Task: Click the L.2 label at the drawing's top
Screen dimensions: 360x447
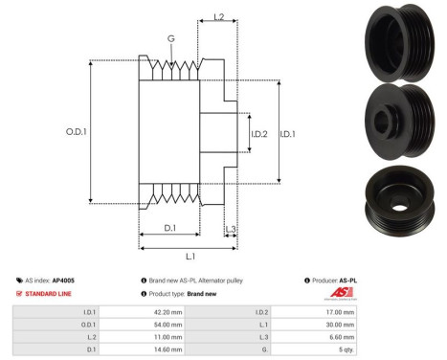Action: [x=217, y=17]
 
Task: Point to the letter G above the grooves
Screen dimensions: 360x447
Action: [x=170, y=38]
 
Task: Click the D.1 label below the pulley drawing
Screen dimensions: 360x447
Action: [x=169, y=228]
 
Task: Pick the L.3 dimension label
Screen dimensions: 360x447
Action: [x=230, y=228]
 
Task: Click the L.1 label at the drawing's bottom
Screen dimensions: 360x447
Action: [x=190, y=256]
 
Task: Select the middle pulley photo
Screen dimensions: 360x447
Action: [x=397, y=118]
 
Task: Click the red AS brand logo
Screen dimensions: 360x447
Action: [x=342, y=292]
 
